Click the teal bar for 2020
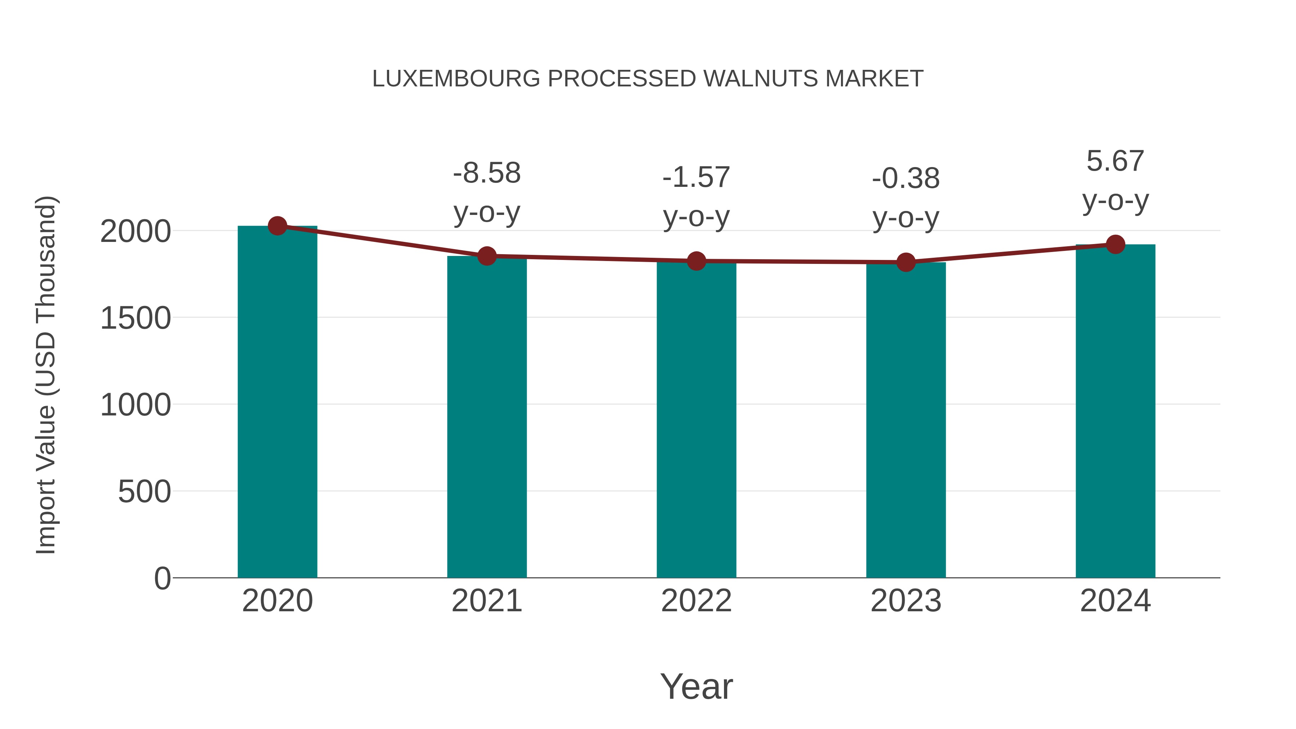[x=277, y=402]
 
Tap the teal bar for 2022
[x=696, y=420]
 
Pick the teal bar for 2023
[x=906, y=420]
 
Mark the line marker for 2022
[x=696, y=261]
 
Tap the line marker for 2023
[x=906, y=262]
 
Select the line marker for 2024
[x=1115, y=244]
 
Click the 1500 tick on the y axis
[x=135, y=319]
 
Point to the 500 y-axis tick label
[x=144, y=492]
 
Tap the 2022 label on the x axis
[x=696, y=601]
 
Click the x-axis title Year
[x=696, y=686]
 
